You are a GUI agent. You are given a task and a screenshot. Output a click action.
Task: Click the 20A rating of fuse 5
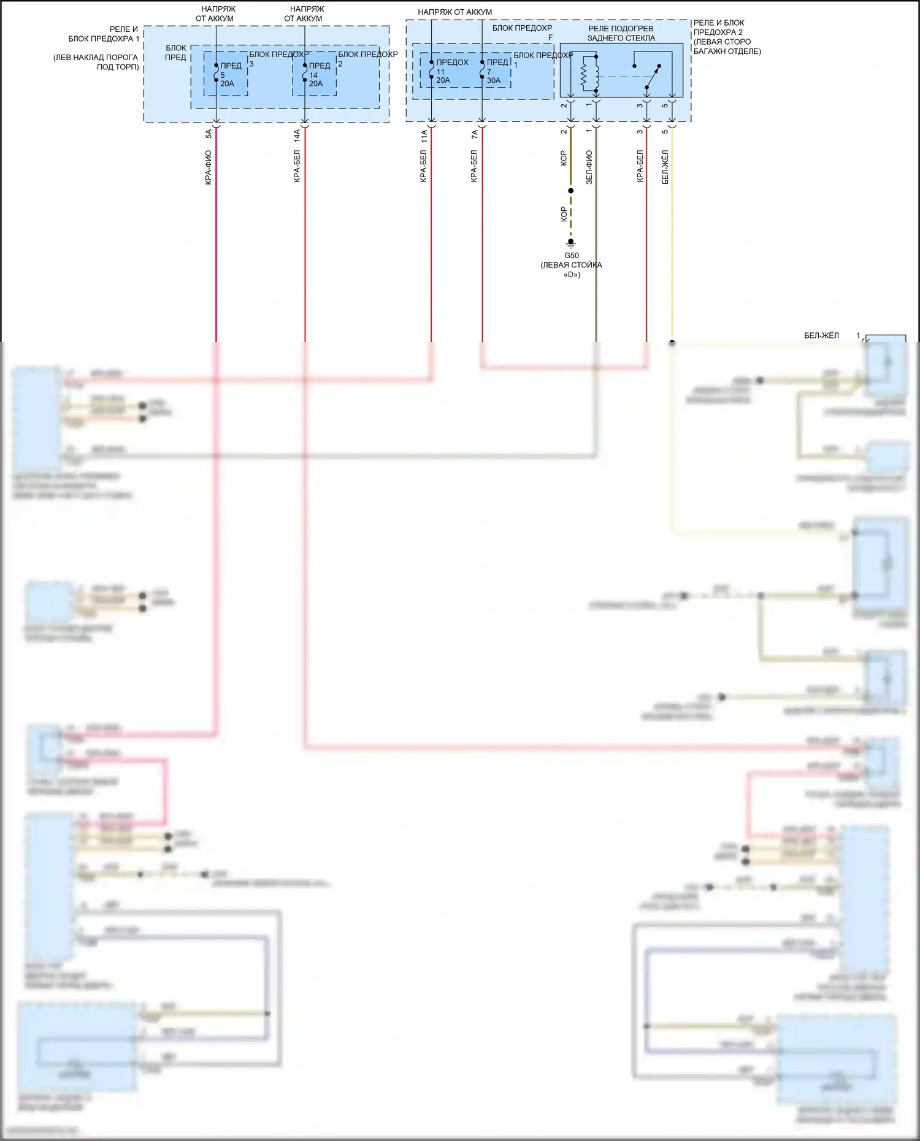point(227,84)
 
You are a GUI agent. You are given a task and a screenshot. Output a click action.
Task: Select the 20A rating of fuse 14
point(315,84)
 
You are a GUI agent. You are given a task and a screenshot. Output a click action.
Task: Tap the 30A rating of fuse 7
point(494,80)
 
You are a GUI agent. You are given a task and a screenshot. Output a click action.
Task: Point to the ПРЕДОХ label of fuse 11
point(452,63)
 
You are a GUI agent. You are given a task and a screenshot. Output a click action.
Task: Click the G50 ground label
point(571,256)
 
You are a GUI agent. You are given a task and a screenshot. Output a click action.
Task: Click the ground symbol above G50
point(570,243)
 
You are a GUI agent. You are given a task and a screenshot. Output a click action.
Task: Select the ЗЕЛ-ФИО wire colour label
point(589,167)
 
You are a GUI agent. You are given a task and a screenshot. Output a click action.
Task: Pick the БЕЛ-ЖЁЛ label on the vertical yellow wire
point(665,167)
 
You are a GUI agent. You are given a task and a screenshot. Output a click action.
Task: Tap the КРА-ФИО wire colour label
point(209,167)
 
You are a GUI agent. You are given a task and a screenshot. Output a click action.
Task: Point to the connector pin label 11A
point(423,135)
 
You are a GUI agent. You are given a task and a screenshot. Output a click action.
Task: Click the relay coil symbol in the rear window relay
point(584,74)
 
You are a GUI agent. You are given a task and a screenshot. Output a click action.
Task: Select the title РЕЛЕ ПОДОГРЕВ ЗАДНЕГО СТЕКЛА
point(621,33)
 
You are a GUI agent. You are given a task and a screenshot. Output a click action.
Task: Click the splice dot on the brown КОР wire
point(570,191)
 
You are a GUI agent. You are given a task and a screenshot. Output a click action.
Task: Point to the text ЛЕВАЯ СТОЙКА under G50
point(571,265)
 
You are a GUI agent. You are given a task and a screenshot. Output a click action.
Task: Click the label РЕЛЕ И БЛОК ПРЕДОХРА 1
point(104,34)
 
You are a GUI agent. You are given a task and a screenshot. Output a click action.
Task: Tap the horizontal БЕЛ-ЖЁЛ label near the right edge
point(821,336)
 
